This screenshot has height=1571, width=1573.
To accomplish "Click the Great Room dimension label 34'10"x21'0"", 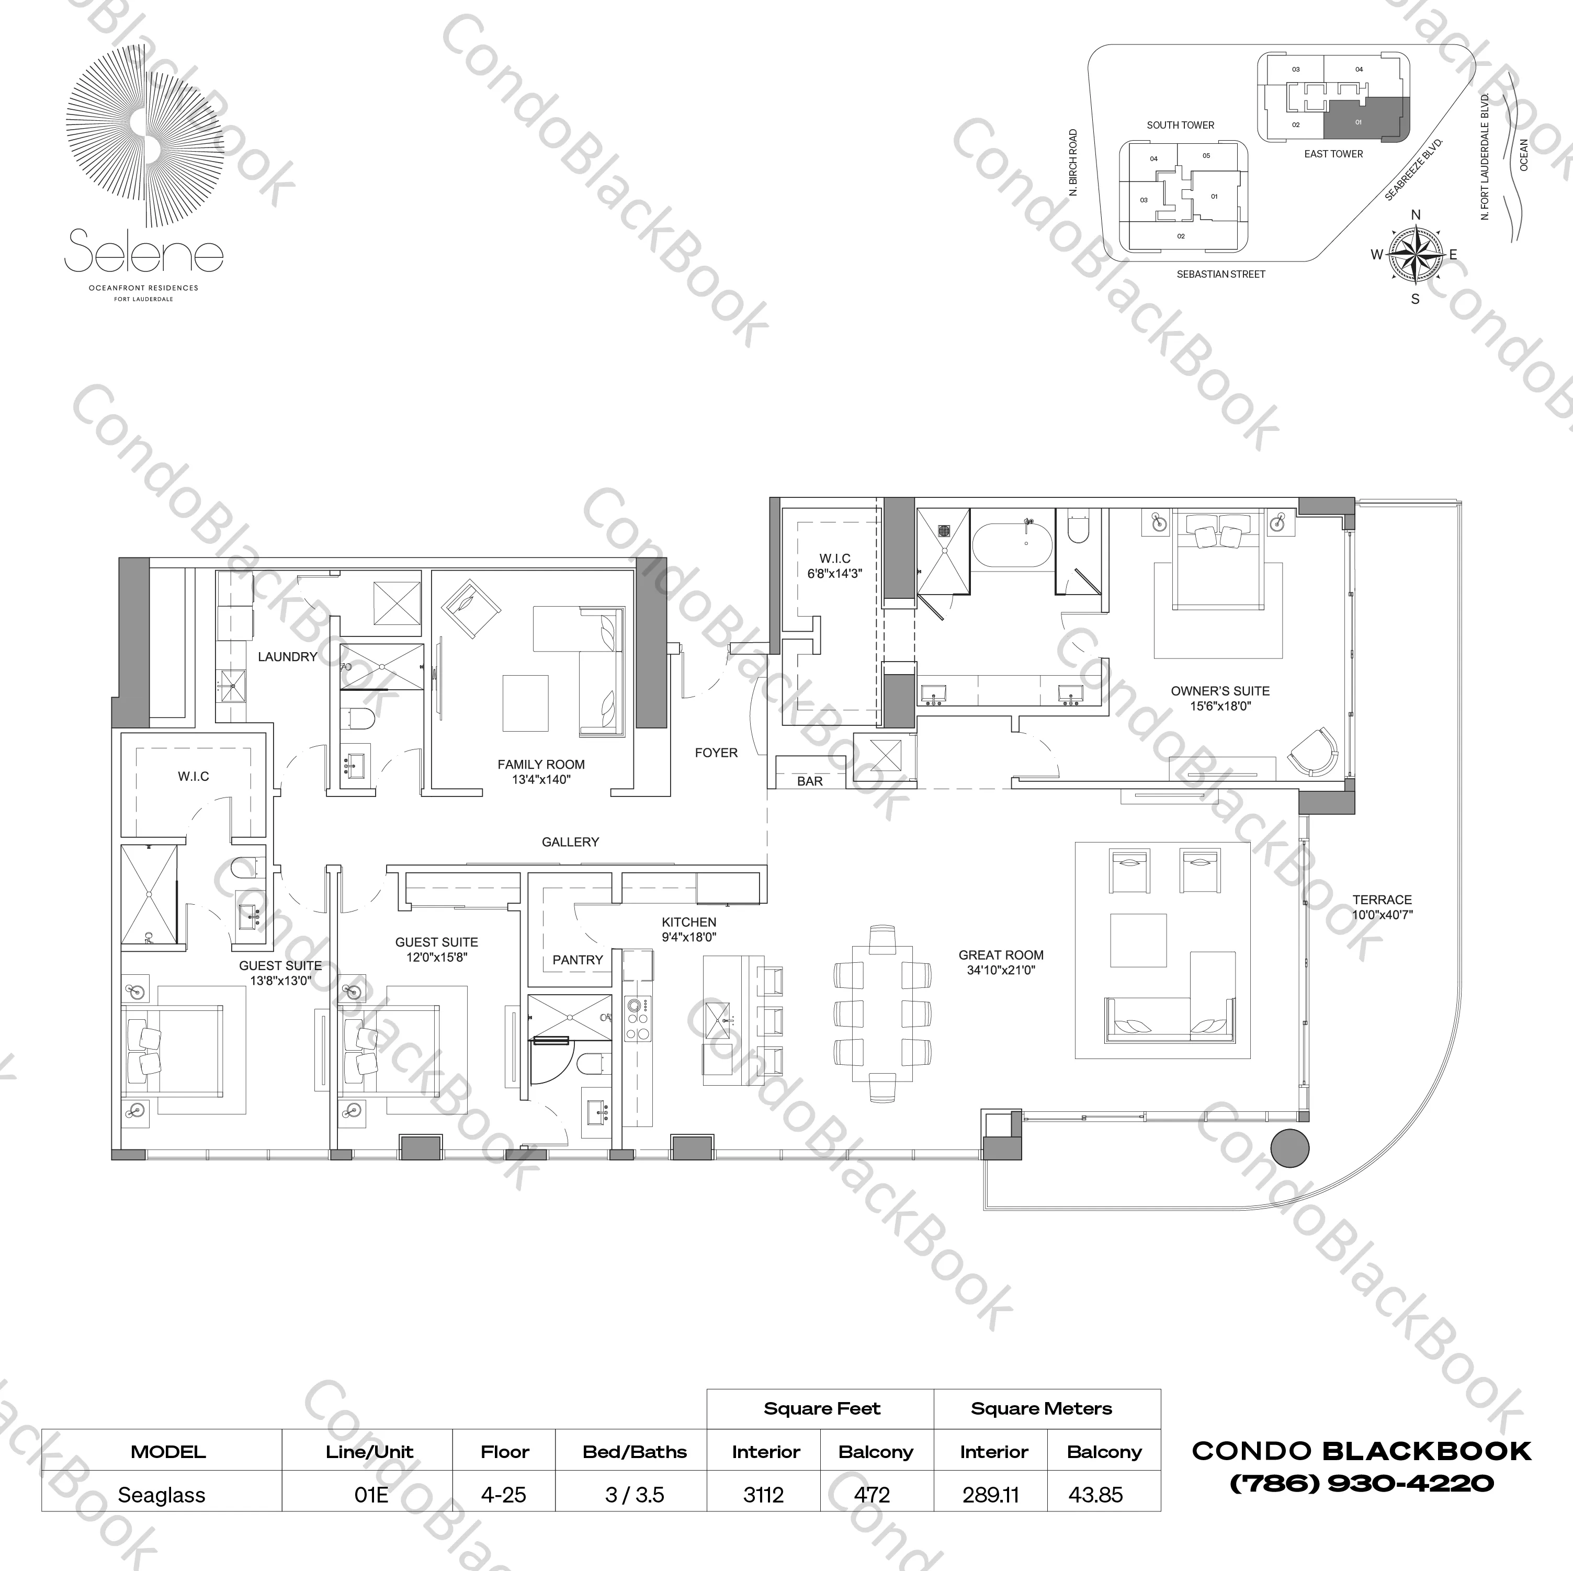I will click(x=1001, y=970).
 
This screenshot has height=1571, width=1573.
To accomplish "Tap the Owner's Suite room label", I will click(x=1220, y=691).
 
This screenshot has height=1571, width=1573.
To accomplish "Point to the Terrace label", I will click(x=1382, y=900).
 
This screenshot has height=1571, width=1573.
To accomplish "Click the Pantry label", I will click(x=578, y=960).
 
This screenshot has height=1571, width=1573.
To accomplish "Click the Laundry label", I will click(x=287, y=656).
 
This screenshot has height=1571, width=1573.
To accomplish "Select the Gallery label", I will click(x=570, y=841).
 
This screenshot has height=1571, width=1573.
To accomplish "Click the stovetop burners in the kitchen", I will click(x=638, y=1018).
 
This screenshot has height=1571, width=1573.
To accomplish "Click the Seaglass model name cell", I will click(x=161, y=1495).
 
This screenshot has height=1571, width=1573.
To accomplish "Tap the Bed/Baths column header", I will click(x=634, y=1452).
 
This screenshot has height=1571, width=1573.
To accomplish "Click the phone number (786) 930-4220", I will click(x=1361, y=1484).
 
